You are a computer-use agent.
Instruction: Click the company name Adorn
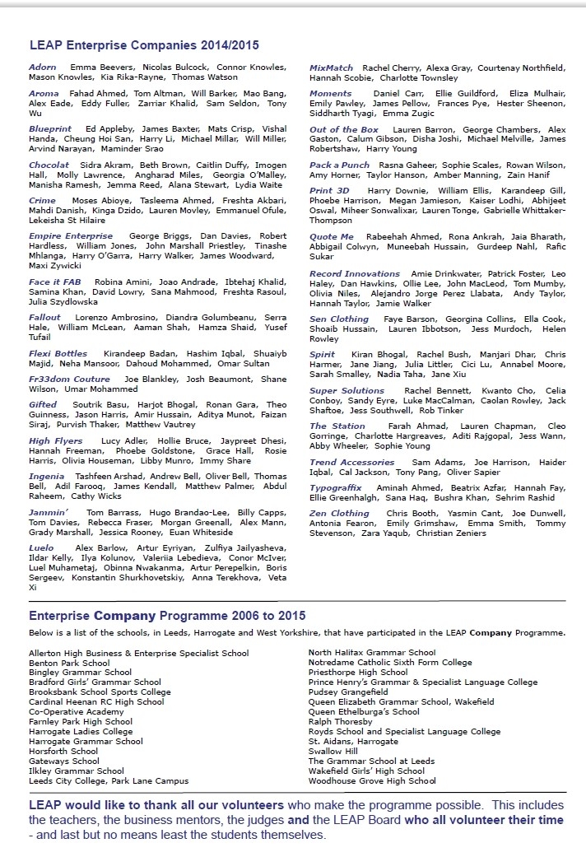43,67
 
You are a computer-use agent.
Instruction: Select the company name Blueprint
50,129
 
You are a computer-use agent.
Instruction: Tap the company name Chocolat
49,165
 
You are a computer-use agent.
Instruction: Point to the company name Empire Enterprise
71,236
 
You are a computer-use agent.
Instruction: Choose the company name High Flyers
56,441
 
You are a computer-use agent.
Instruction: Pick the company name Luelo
41,548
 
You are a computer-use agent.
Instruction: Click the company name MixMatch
331,68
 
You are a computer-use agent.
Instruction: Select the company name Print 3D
329,191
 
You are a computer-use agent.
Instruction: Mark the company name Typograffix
335,488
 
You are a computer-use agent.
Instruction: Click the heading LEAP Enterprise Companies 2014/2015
143,46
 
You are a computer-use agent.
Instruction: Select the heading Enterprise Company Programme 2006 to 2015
166,616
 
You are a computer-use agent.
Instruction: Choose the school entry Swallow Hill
333,752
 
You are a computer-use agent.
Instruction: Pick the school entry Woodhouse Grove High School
372,781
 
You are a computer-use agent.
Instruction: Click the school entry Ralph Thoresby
341,722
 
